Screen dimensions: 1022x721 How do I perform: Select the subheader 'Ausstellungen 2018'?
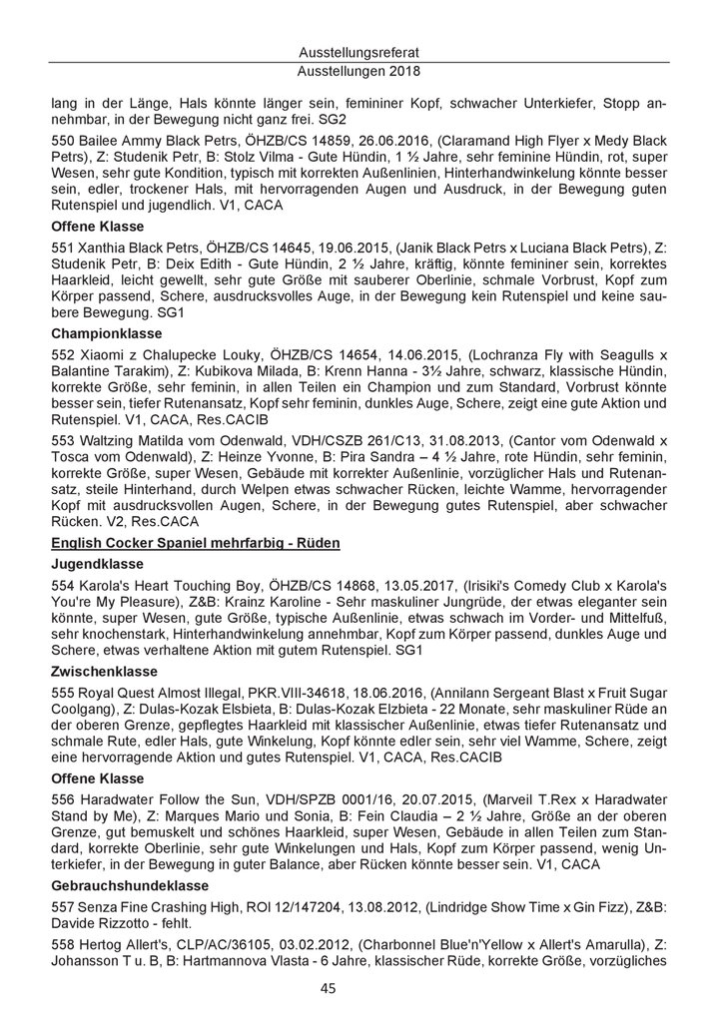click(x=360, y=72)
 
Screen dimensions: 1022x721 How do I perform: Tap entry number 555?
click(x=63, y=693)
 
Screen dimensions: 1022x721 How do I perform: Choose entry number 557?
click(x=63, y=907)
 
